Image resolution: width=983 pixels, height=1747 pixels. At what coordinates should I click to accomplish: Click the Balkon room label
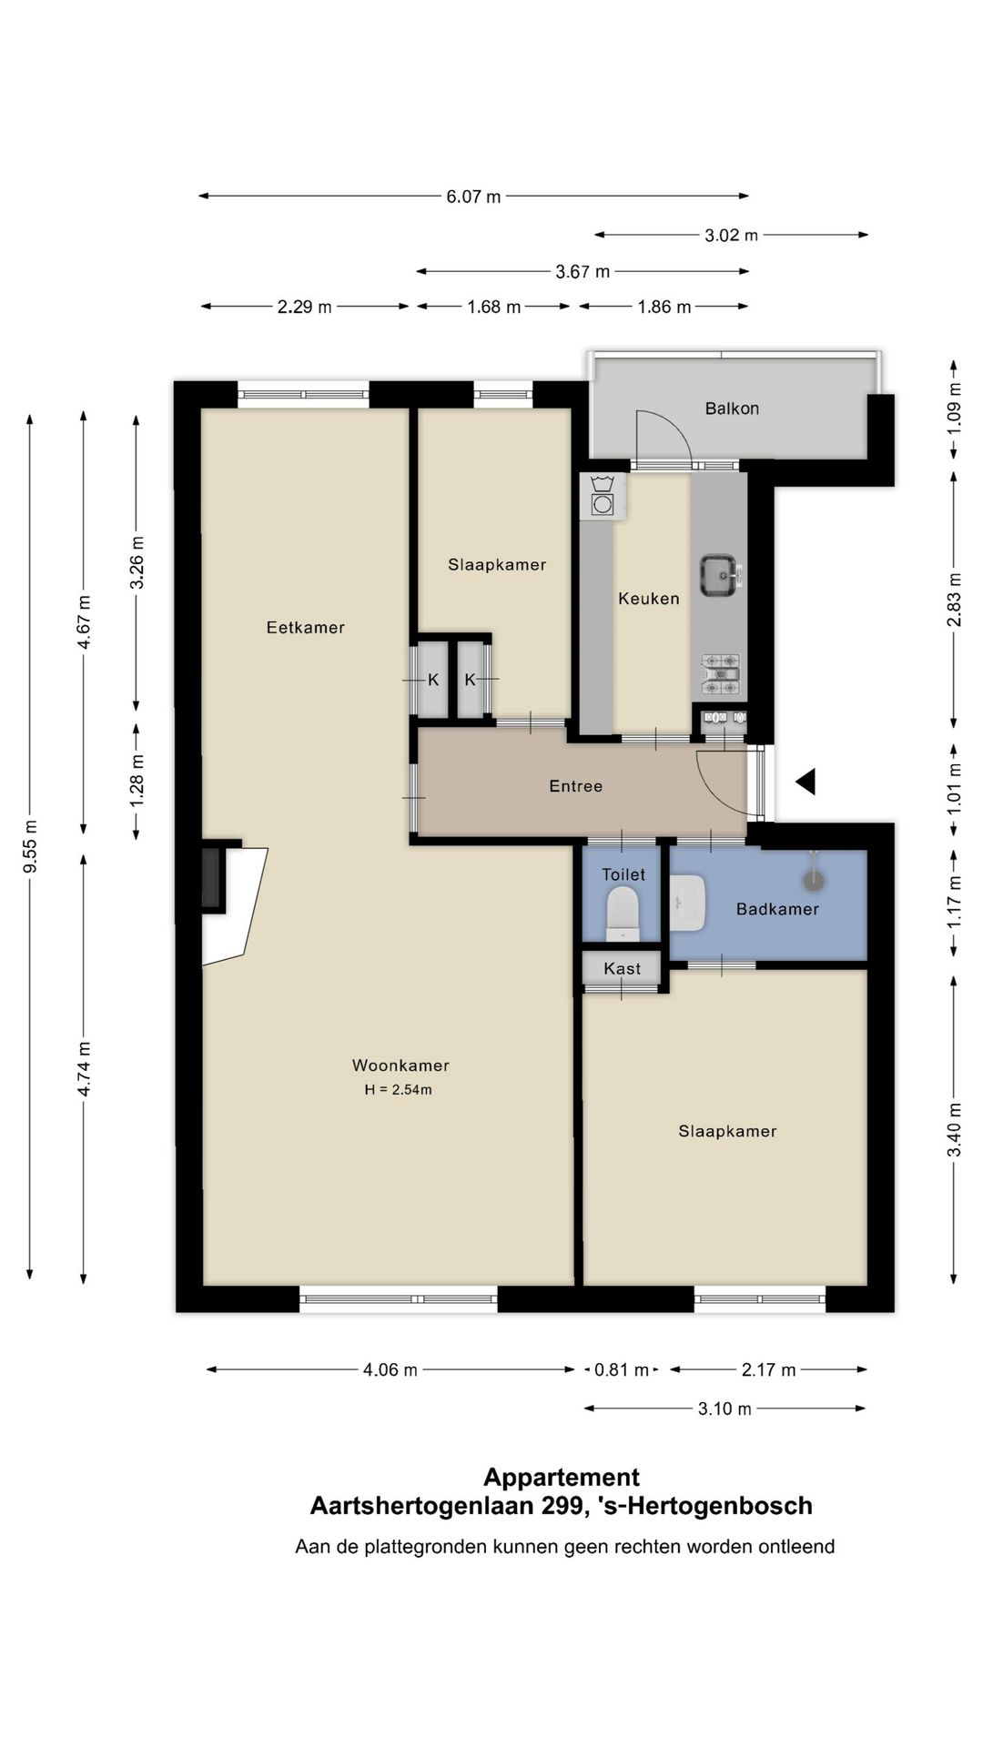732,409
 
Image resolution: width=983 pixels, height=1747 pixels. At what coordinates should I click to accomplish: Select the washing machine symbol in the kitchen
603,497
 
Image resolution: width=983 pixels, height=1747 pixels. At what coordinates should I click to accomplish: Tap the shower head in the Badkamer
813,879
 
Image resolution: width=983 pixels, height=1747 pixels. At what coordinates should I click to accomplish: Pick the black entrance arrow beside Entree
806,782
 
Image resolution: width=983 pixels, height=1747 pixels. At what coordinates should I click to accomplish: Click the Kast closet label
623,969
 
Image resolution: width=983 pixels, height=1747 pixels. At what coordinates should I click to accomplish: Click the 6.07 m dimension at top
473,197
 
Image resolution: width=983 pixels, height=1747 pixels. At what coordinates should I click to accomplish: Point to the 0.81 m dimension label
623,1369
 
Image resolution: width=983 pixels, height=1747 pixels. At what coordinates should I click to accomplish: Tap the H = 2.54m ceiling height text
398,1090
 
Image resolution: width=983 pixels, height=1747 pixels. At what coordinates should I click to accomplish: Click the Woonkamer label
400,1065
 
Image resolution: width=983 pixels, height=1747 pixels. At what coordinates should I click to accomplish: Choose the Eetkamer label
306,627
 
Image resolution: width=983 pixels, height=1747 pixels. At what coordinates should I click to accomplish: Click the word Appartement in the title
562,1477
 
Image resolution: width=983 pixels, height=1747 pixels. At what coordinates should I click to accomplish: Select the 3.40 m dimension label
954,1129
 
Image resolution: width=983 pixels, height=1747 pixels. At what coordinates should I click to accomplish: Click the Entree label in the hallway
576,786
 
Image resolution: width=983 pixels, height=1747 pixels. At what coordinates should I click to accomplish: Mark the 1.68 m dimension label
494,308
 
